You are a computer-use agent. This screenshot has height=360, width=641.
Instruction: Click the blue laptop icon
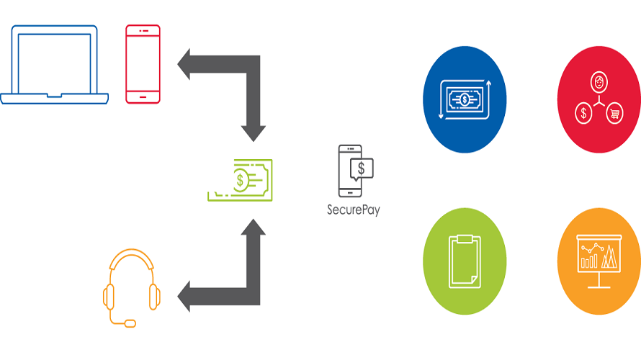55,65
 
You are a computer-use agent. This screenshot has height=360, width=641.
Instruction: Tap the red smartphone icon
143,64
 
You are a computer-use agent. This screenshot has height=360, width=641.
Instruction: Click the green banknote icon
241,180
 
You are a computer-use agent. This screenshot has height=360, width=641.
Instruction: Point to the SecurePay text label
353,210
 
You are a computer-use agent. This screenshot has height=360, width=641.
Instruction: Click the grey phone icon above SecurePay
349,171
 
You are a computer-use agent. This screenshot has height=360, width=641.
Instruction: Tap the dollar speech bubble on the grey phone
362,168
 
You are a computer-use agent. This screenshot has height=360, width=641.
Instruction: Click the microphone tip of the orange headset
130,323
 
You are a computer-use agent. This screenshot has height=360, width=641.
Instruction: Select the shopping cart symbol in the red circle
614,113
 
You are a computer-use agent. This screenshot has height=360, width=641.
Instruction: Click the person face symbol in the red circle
599,81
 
